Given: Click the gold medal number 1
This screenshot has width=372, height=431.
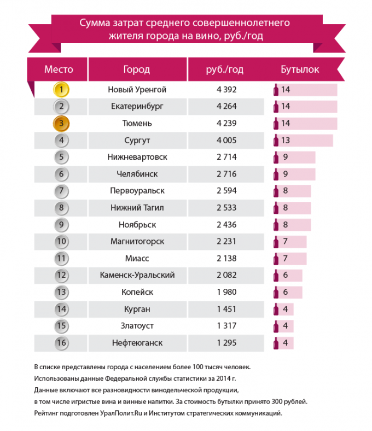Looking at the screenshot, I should tap(62, 89).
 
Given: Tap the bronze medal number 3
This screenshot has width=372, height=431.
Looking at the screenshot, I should tap(62, 123).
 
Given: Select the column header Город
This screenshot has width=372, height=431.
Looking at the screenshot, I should tap(137, 70).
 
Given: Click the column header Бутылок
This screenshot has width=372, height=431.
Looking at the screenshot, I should tap(300, 70).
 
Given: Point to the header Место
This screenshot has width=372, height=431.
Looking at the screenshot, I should tap(59, 70).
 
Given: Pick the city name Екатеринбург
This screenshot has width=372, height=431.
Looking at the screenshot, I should tap(137, 106).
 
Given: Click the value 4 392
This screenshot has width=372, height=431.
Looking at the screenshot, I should tap(226, 89).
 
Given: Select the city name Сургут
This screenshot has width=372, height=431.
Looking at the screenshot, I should tap(137, 140).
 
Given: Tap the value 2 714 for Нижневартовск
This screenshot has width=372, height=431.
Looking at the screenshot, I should tap(226, 157).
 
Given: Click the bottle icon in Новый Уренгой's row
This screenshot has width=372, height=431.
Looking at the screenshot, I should tap(276, 89).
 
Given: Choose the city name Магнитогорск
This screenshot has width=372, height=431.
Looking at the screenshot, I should tap(137, 241).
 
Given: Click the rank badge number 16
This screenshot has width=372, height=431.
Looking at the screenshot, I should tap(62, 343).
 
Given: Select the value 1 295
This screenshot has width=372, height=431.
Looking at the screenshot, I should tap(226, 343).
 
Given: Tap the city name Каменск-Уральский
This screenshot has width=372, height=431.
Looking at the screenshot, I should tap(137, 275).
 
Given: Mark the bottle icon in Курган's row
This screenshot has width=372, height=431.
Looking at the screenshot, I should tap(276, 309).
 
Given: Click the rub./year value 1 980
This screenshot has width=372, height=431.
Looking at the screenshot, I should tap(226, 292).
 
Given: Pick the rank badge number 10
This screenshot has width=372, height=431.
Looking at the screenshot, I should tap(62, 241).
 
